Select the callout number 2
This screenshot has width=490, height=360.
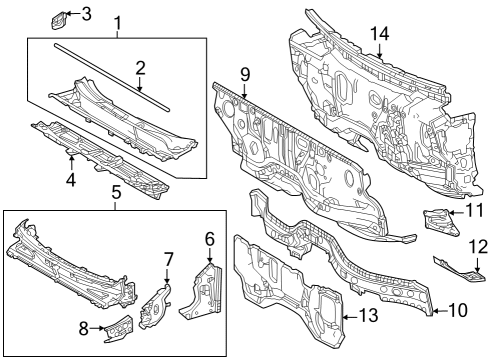pos(141,68)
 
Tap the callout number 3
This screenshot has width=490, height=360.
pos(86,13)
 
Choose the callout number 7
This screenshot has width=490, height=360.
pos(168,260)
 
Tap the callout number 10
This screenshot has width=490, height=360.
pos(463,311)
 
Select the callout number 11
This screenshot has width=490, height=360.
pos(475,211)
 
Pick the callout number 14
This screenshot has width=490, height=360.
pos(379,34)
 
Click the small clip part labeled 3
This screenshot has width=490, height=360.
pos(59,18)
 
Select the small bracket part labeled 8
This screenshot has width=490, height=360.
pos(117,323)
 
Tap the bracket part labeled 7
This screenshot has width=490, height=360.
pos(156,304)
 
